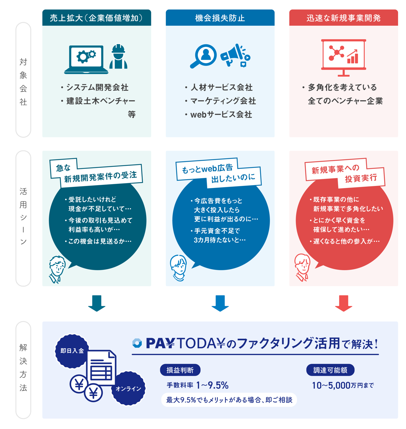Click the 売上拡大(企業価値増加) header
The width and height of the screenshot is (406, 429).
click(x=96, y=18)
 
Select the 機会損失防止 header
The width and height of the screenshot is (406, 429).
click(x=220, y=18)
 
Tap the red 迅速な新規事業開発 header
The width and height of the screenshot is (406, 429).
click(x=343, y=18)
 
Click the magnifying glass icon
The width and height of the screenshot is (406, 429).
click(x=204, y=55)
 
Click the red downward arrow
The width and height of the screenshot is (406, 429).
click(x=343, y=303)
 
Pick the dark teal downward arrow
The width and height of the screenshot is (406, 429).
click(x=97, y=303)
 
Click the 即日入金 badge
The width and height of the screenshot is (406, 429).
click(x=72, y=351)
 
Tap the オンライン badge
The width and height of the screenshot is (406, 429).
click(x=129, y=388)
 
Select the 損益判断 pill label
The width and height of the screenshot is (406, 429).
click(x=180, y=370)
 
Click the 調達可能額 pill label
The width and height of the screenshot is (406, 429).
click(x=330, y=370)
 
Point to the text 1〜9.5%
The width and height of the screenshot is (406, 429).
click(x=212, y=385)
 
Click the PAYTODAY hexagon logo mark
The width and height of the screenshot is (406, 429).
click(x=137, y=343)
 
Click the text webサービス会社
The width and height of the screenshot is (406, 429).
click(x=221, y=115)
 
